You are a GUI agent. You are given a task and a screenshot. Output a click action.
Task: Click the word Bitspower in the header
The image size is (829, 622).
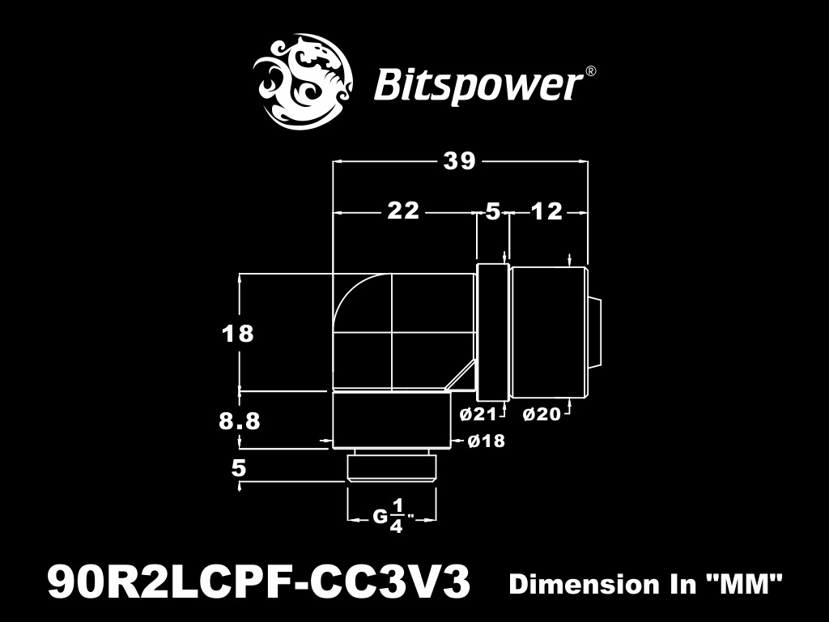point(478,84)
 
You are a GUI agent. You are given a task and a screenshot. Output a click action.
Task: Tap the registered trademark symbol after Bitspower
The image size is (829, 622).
point(591,71)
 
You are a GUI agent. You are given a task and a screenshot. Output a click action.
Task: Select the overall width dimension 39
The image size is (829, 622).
point(459,161)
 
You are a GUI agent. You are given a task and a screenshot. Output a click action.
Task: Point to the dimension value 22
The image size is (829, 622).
point(403,211)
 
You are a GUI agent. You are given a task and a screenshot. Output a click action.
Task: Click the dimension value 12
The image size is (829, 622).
point(546,212)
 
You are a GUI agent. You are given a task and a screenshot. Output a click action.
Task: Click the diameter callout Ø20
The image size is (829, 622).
point(542,415)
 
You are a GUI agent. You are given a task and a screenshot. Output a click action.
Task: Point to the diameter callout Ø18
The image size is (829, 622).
point(487,441)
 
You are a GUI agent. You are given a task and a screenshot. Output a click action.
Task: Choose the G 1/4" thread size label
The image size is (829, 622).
point(393,516)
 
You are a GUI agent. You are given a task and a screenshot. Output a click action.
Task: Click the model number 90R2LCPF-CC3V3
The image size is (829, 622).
point(260,582)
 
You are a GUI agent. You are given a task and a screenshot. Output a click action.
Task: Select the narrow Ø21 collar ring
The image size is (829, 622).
point(491,332)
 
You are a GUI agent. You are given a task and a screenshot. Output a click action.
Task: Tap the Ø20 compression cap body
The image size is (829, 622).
point(547,332)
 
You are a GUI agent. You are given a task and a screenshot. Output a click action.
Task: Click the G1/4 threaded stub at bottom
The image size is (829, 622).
point(392,468)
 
